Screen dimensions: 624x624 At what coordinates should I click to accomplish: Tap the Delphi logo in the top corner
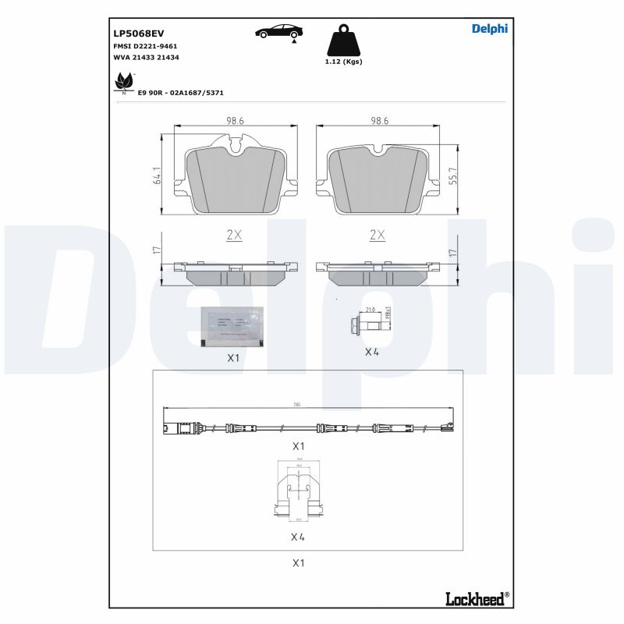(489, 29)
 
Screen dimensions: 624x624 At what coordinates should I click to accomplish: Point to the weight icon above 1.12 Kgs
(343, 41)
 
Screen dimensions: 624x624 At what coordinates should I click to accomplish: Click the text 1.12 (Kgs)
(343, 62)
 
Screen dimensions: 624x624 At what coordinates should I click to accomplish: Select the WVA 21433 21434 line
(147, 58)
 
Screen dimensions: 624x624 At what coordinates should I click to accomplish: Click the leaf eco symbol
(124, 82)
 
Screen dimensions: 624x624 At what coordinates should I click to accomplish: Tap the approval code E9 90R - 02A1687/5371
(181, 92)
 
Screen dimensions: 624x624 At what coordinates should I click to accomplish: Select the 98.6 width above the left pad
(235, 121)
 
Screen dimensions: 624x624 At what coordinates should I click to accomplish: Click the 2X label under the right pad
(378, 234)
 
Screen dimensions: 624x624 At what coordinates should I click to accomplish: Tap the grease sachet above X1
(232, 325)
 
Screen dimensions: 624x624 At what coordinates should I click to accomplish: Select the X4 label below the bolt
(372, 352)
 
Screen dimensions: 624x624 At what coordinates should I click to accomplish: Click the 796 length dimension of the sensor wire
(297, 405)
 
